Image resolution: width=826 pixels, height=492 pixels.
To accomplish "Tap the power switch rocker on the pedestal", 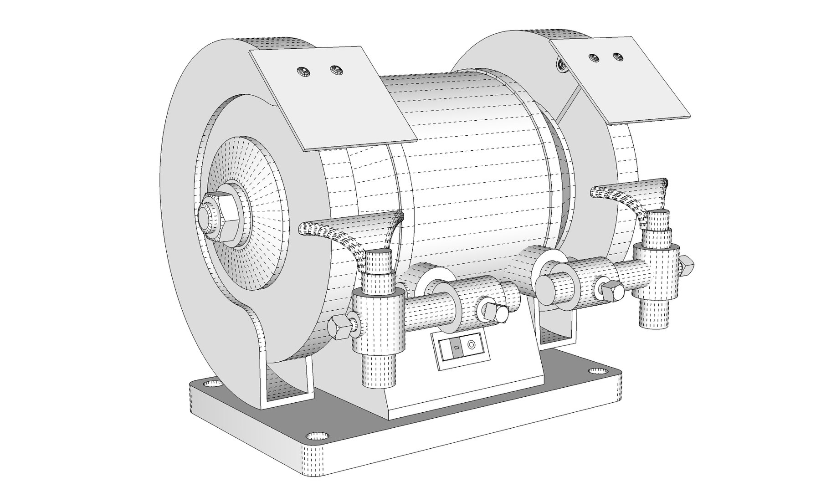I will coord(456,348).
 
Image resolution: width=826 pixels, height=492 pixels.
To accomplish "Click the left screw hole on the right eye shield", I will coord(593,58).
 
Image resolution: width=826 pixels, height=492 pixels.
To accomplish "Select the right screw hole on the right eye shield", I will coord(617,56).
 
